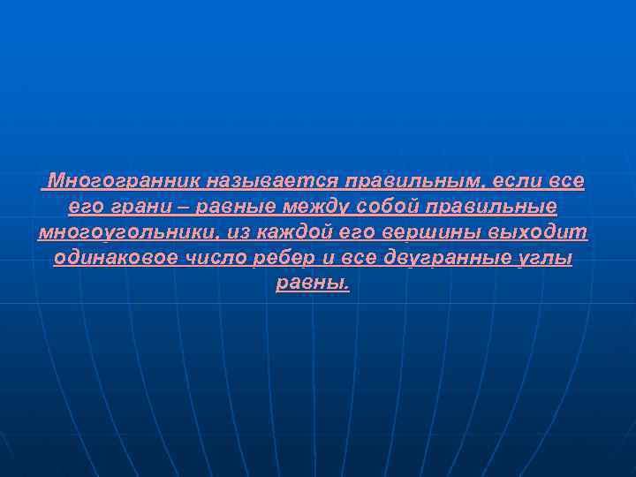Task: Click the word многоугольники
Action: (129, 233)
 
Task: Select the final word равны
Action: (313, 284)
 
